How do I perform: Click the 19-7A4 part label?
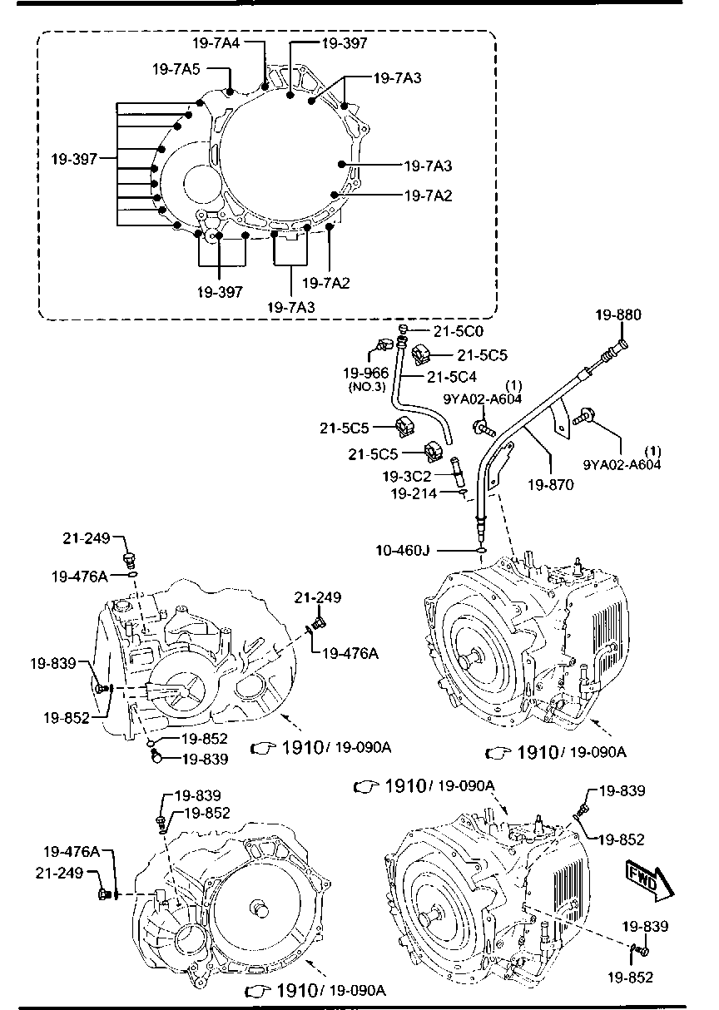216,42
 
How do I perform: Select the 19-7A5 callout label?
176,69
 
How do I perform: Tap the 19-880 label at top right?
618,314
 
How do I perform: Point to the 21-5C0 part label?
459,331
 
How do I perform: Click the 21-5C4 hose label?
452,377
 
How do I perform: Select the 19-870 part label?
551,485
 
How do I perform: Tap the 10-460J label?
403,550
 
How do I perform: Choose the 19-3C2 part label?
407,476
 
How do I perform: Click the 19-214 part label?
414,494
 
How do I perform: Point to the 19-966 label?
365,373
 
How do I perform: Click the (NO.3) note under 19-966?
367,387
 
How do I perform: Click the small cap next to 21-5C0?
403,329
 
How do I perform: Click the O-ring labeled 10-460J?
481,550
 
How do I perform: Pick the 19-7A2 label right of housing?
428,196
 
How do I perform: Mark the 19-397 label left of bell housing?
74,159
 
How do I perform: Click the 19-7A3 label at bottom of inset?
291,307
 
